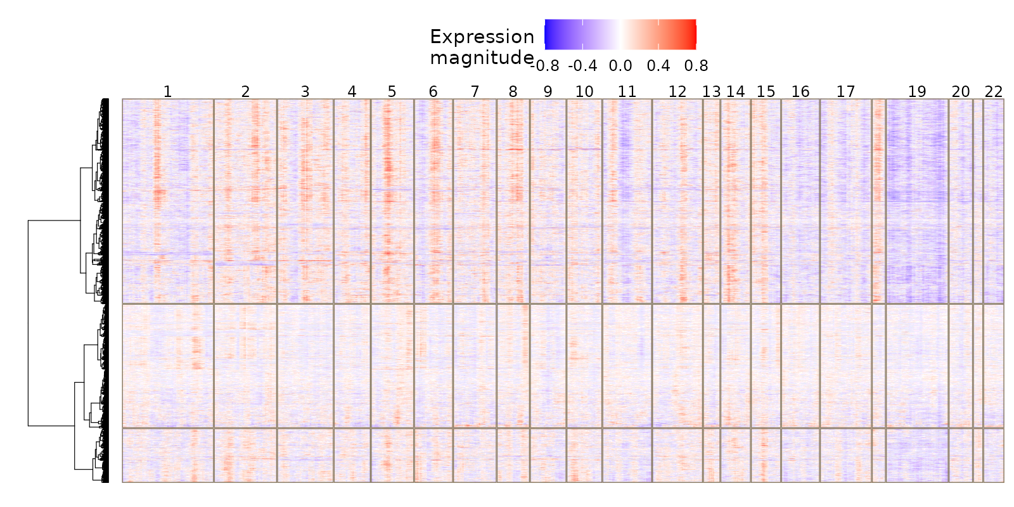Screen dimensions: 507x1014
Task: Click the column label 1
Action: pos(167,92)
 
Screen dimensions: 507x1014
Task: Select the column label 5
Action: pos(392,92)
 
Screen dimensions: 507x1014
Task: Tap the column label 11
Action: pos(627,92)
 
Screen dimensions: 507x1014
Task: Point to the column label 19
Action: pos(916,92)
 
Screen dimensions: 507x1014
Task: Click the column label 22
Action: pos(994,92)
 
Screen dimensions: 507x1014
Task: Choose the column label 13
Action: pos(711,92)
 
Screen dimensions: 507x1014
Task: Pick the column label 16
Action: pos(800,92)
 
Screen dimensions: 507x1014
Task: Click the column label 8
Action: pos(513,92)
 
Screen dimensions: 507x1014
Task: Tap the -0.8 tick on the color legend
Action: pos(545,66)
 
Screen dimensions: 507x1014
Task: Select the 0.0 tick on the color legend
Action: pos(620,66)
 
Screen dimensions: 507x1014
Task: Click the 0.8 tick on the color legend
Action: pos(696,66)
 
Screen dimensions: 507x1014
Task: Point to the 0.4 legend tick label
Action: pos(658,66)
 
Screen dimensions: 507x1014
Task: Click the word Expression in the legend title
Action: pos(482,37)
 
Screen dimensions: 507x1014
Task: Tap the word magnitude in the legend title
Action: pos(482,58)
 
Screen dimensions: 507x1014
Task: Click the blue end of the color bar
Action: pos(549,34)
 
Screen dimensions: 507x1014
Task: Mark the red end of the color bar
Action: pos(692,34)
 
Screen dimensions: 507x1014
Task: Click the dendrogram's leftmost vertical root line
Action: pos(28,323)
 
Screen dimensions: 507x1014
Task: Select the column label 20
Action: pos(961,92)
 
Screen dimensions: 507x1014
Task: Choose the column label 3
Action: pos(305,92)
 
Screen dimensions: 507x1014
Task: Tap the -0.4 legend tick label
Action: pos(582,66)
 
